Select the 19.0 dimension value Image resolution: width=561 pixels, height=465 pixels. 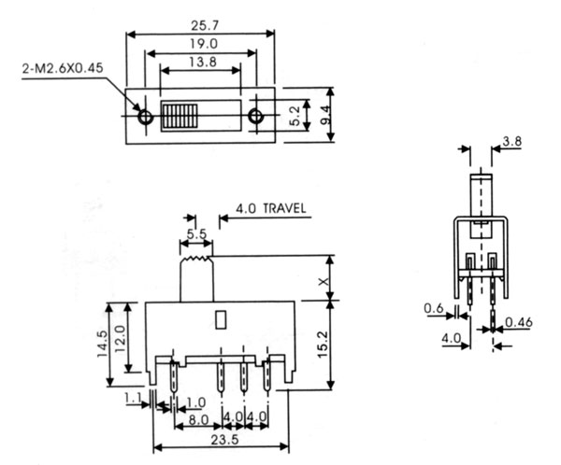click(x=201, y=44)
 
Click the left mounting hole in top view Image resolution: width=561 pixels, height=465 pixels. click(x=145, y=118)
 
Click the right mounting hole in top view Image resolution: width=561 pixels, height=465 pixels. click(x=255, y=118)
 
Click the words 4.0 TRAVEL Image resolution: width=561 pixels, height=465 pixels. click(x=265, y=208)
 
